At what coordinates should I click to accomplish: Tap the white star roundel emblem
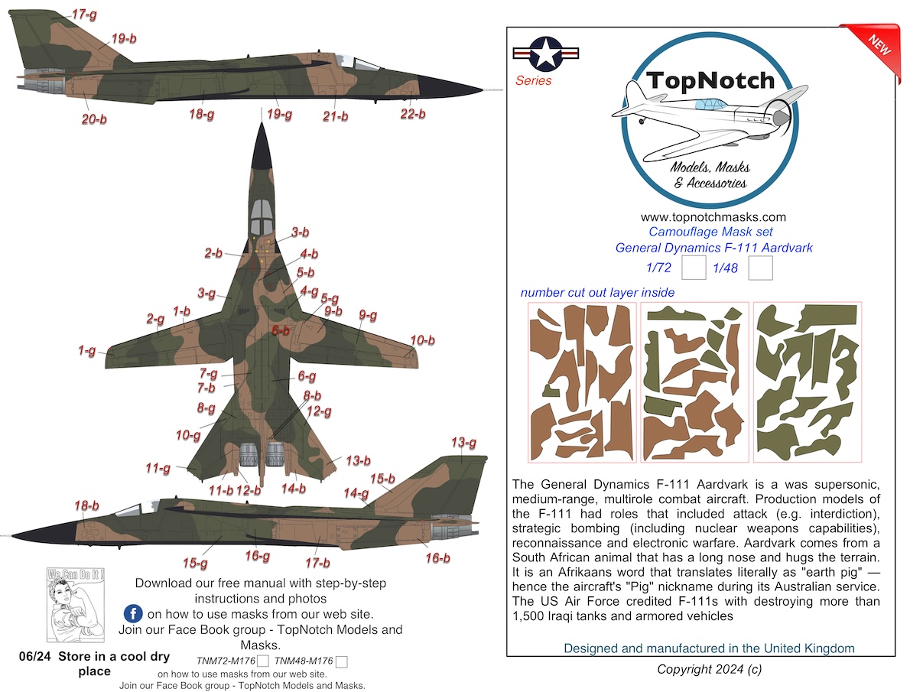(545, 54)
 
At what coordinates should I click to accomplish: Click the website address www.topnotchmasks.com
(713, 217)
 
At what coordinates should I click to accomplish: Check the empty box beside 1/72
(694, 268)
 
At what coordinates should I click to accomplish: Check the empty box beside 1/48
(760, 268)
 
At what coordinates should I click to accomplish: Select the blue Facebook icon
(133, 614)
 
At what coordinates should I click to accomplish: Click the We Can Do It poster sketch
(75, 605)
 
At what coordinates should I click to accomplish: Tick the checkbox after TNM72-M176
(263, 661)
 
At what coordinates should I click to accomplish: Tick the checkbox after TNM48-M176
(342, 661)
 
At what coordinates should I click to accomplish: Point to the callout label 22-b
(413, 114)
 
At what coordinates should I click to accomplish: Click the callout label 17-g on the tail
(84, 15)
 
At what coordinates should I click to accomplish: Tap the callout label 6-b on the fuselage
(281, 330)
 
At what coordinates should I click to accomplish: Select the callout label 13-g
(464, 442)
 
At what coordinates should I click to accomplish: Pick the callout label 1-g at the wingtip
(87, 350)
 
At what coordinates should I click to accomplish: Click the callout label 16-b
(437, 558)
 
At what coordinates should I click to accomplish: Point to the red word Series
(533, 80)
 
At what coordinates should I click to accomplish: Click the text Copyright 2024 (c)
(710, 669)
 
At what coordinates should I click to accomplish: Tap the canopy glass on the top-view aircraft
(261, 217)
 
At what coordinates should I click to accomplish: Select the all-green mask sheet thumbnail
(808, 382)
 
